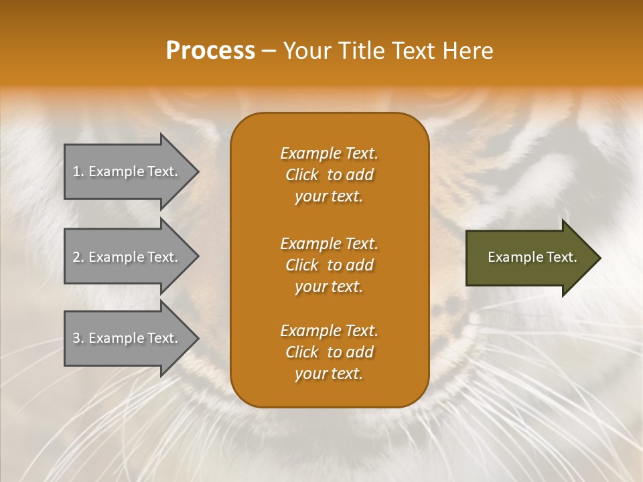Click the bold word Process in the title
(210, 51)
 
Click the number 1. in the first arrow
(78, 172)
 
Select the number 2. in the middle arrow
(78, 257)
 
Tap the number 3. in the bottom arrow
(78, 338)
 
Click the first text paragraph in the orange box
(329, 175)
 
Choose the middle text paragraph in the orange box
(329, 265)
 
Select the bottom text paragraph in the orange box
(329, 352)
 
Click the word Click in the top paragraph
(302, 175)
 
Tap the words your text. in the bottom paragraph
(329, 374)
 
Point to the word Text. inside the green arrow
(559, 257)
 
